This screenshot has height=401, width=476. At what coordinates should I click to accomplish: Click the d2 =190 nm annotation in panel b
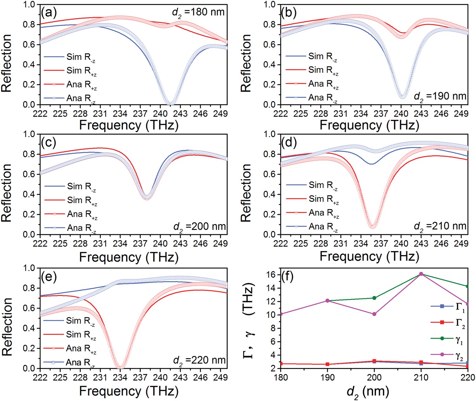(x=440, y=96)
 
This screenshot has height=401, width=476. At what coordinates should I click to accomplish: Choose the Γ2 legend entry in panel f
(x=460, y=323)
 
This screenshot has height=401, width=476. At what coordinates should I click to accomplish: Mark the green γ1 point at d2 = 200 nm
(x=374, y=298)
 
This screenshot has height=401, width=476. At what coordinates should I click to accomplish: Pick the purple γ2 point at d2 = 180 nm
(x=281, y=314)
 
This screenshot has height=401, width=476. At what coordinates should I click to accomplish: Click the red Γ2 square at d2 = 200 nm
(x=374, y=361)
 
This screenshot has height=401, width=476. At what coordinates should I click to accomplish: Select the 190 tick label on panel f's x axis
(x=327, y=377)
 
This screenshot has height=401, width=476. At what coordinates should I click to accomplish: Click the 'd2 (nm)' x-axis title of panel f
(x=368, y=391)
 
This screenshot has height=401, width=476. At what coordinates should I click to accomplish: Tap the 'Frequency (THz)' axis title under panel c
(x=129, y=257)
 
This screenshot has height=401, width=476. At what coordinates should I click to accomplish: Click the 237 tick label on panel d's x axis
(x=381, y=244)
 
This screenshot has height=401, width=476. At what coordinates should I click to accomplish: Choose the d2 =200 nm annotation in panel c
(x=199, y=227)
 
